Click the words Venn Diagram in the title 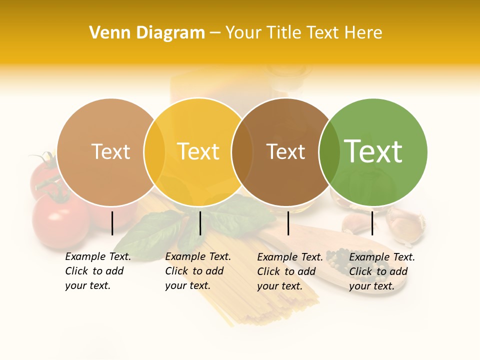[147, 33]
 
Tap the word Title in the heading [284, 33]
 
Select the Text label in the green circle [373, 151]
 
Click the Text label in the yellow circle [198, 151]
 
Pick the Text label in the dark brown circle [285, 152]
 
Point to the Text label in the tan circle [110, 151]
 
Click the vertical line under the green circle [372, 223]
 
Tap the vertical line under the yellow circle [200, 223]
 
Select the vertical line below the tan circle [112, 223]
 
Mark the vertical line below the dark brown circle [288, 223]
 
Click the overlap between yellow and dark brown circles [242, 152]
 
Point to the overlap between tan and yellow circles [154, 152]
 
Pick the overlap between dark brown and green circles [329, 152]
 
